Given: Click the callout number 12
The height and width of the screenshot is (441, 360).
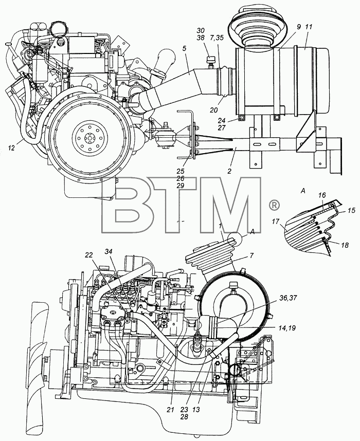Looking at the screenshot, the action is (11, 148).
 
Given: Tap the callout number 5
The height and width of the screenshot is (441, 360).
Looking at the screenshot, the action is (184, 48).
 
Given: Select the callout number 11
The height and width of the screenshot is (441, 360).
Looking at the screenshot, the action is (309, 27).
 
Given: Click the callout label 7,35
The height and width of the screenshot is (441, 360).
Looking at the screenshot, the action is (217, 38).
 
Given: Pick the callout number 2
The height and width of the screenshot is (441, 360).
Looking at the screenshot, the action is (229, 171).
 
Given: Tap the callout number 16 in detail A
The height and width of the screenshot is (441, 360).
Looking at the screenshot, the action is (322, 195).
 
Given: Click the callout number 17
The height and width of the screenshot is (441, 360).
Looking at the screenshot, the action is (276, 222).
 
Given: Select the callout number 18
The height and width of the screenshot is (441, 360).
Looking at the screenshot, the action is (345, 245).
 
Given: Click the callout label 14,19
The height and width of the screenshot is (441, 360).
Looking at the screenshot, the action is (287, 328).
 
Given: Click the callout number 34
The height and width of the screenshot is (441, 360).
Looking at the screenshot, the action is (109, 252).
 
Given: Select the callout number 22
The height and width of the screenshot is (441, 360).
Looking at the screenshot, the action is (89, 254).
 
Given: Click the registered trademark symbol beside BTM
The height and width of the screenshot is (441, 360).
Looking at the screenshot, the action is (275, 205).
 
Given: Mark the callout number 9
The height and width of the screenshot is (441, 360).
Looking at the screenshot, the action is (299, 27).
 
